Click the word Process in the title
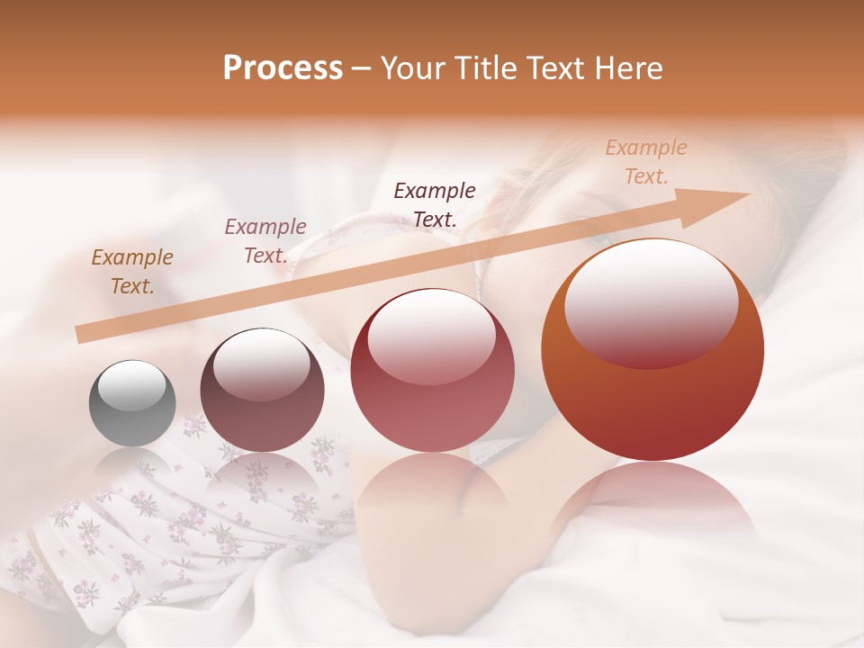[283, 68]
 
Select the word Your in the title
[412, 68]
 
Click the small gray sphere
[132, 403]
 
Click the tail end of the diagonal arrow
[79, 335]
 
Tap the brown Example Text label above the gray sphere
[132, 272]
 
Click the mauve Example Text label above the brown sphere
[265, 241]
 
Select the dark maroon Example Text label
[435, 204]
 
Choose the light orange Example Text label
[645, 162]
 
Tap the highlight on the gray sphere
[131, 386]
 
